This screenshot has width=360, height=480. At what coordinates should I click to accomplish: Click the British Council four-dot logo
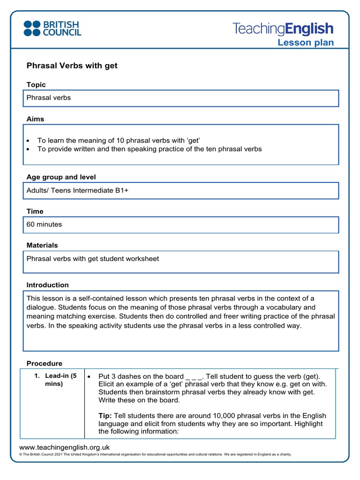click(x=32, y=28)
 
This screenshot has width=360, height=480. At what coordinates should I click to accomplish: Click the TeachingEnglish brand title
click(x=283, y=29)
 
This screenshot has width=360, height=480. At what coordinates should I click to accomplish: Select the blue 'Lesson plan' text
click(x=306, y=43)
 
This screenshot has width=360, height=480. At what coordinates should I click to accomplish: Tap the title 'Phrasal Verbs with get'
click(x=72, y=66)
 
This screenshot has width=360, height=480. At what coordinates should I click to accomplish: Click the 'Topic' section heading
click(x=36, y=85)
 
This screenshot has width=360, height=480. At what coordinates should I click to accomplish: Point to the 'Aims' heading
click(x=35, y=119)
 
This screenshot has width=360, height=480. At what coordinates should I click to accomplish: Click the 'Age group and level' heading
click(x=61, y=177)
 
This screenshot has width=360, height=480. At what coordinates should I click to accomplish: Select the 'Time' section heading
click(x=35, y=211)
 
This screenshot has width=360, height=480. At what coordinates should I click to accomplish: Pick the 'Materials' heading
click(x=42, y=245)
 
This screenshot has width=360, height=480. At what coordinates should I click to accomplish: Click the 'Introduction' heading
click(x=47, y=285)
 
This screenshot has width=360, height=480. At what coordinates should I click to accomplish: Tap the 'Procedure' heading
click(x=44, y=363)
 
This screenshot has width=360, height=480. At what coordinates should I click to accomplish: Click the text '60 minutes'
click(x=44, y=225)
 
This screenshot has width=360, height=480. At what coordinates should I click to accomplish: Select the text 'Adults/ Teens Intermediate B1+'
click(x=77, y=191)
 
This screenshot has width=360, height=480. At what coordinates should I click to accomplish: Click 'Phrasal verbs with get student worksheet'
click(x=93, y=259)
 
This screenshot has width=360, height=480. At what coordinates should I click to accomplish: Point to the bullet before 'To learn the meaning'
click(x=29, y=141)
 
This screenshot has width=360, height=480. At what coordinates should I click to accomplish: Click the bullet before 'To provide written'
click(x=29, y=149)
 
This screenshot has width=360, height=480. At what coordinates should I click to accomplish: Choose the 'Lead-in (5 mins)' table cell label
click(x=60, y=380)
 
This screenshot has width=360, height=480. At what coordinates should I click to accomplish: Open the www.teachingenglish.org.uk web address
click(x=64, y=447)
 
